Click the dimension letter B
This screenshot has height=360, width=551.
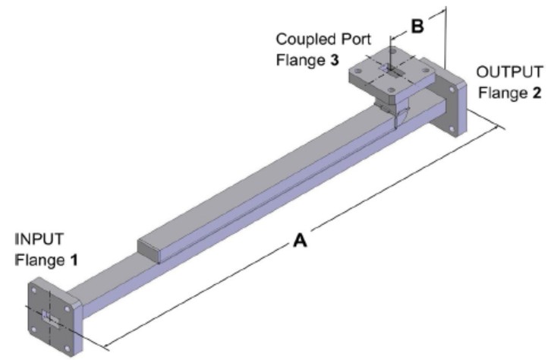click(417, 26)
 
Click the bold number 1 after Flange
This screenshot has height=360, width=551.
click(74, 260)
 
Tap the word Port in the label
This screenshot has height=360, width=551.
click(346, 38)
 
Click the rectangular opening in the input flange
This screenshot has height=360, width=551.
click(51, 319)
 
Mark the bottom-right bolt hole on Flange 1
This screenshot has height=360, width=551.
click(67, 344)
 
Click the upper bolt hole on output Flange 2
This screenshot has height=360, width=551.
click(455, 89)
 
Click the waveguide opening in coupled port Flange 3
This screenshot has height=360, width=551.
click(389, 70)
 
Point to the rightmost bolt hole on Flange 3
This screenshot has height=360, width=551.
click(418, 71)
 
